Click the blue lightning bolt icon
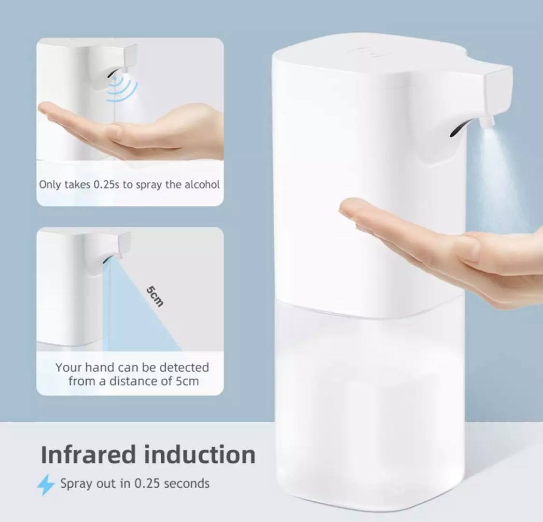46,484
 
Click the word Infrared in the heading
88,455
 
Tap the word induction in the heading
199,455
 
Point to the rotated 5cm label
155,296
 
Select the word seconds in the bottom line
186,483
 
